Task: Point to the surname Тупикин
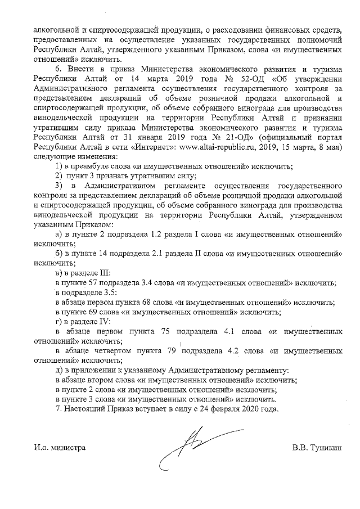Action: click(x=324, y=448)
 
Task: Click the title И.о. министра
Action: click(x=59, y=448)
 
